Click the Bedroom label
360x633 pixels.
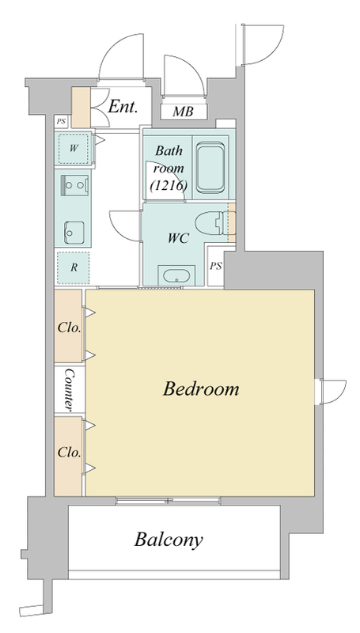[x=201, y=389]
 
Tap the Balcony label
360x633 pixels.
[x=169, y=540]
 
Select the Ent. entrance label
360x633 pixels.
[x=123, y=107]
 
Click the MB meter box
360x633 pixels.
[x=184, y=112]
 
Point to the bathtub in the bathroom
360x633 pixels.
[x=210, y=167]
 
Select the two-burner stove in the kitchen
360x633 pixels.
[x=74, y=185]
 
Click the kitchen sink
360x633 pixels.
[x=74, y=233]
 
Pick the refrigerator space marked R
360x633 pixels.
[x=73, y=267]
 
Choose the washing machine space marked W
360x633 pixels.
[x=73, y=148]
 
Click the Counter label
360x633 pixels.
[x=69, y=389]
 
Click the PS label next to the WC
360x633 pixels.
[x=216, y=267]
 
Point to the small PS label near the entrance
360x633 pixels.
[x=61, y=121]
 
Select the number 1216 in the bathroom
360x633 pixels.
[x=169, y=186]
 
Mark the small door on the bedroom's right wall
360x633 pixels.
[x=332, y=391]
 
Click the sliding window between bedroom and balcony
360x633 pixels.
[x=168, y=501]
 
